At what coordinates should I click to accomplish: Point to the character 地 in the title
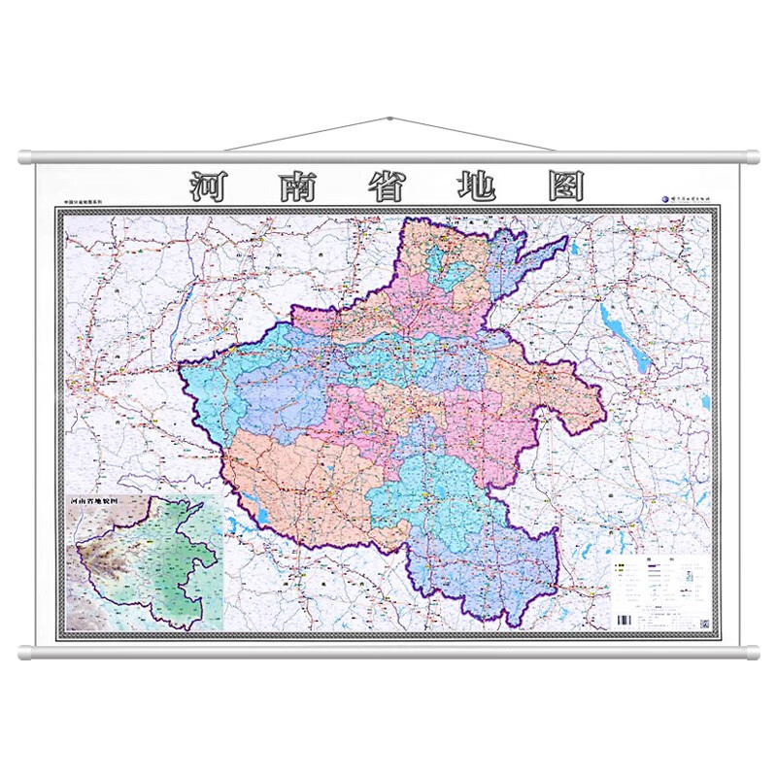coord(476,186)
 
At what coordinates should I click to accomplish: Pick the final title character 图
coord(564,186)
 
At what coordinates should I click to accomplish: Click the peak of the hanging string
coord(388,119)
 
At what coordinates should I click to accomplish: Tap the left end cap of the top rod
coord(25,157)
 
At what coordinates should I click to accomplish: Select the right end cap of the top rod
coord(752,157)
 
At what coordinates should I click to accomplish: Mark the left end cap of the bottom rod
coord(25,652)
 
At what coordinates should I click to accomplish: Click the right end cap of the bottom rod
coord(752,652)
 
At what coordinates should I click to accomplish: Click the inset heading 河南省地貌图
coord(99,502)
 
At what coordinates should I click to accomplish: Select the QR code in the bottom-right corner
coord(704,623)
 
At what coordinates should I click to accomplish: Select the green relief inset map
coord(146,563)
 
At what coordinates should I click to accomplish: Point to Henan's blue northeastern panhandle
coord(524,262)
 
